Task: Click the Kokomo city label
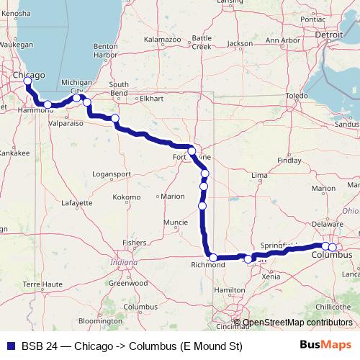(127, 197)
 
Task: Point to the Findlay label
(290, 161)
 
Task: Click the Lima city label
(260, 175)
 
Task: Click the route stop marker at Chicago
(27, 81)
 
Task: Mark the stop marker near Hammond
(48, 105)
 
